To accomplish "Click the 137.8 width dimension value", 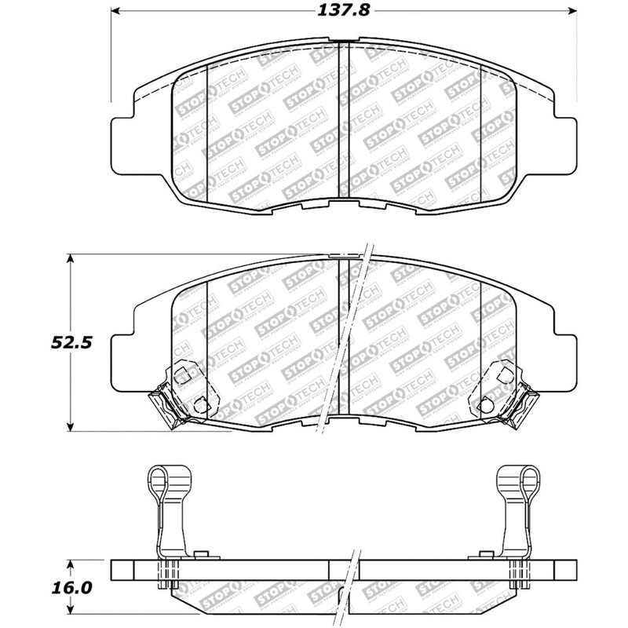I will [341, 11].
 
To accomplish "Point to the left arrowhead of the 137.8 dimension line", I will [115, 11].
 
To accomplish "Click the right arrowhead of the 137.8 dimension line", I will [571, 11].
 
